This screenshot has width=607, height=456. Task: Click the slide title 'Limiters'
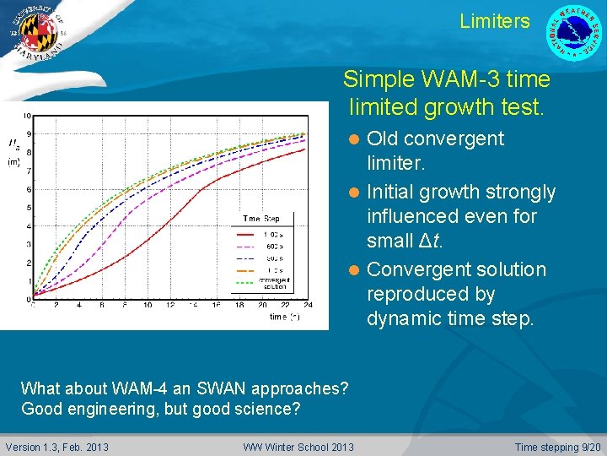click(x=495, y=21)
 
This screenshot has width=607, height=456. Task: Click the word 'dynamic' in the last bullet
click(x=403, y=318)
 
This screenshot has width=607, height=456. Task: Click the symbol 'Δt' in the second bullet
click(x=429, y=240)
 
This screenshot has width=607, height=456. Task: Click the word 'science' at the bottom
click(x=266, y=410)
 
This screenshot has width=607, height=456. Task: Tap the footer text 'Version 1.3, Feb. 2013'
click(x=56, y=447)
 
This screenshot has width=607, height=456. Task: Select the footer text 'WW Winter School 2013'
click(x=298, y=447)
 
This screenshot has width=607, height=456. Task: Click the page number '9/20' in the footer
click(x=586, y=447)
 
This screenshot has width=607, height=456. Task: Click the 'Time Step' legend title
click(x=261, y=219)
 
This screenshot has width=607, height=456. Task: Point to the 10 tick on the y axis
click(x=28, y=115)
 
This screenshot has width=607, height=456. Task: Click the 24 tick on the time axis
click(x=309, y=305)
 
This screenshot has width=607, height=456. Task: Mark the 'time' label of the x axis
click(x=280, y=317)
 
